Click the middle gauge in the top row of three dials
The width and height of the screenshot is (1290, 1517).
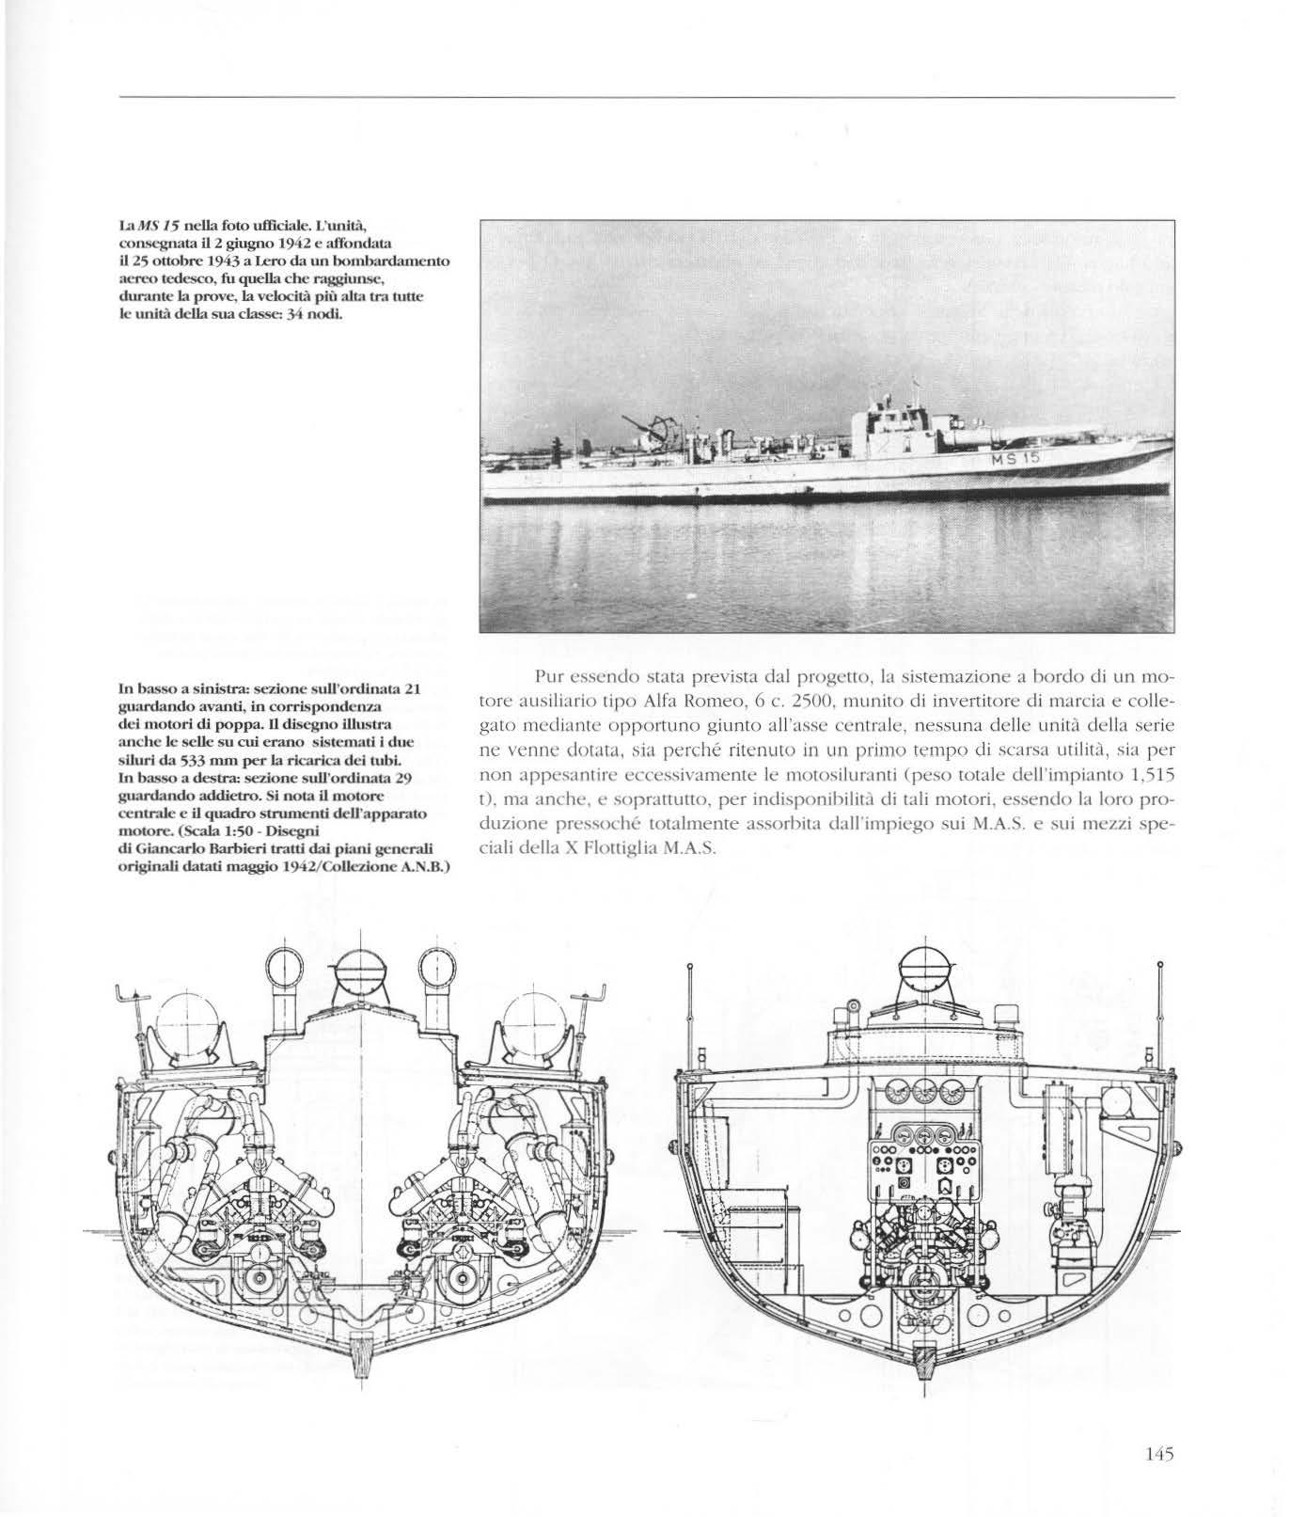(924, 1093)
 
